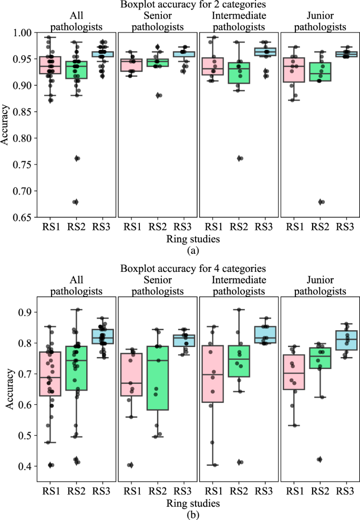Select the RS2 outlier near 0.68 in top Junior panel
pyautogui.click(x=321, y=202)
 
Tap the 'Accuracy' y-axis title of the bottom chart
pyautogui.click(x=6, y=386)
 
